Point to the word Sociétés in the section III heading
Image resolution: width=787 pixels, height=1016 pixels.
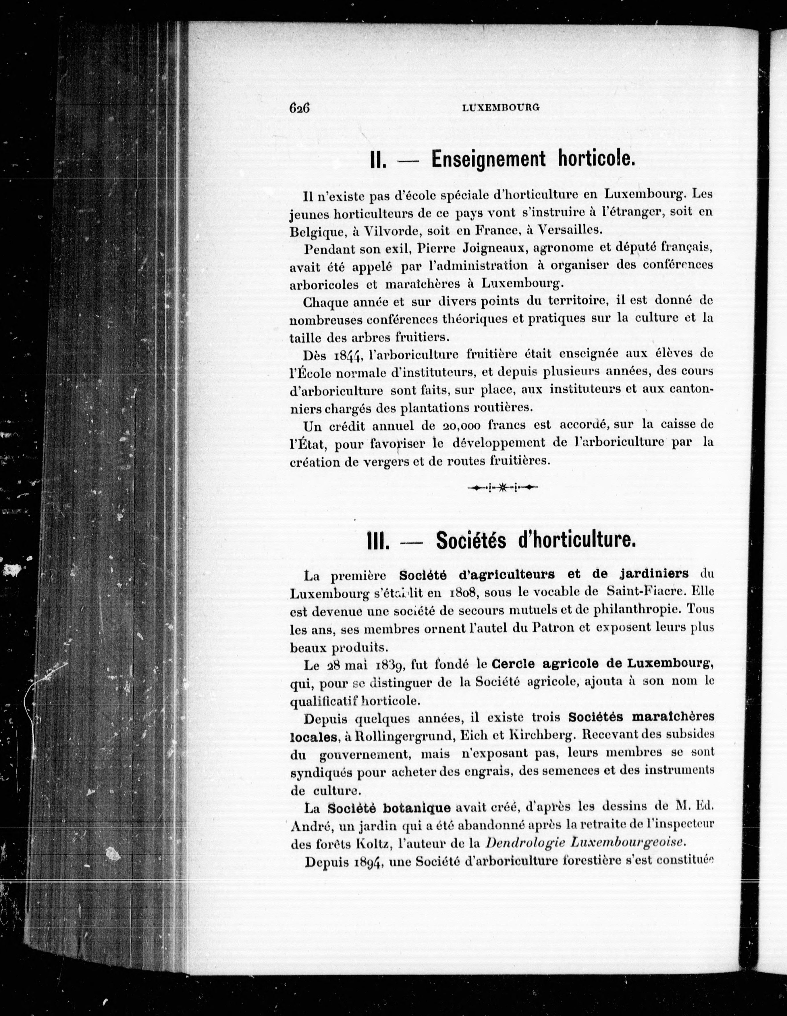tap(471, 540)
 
